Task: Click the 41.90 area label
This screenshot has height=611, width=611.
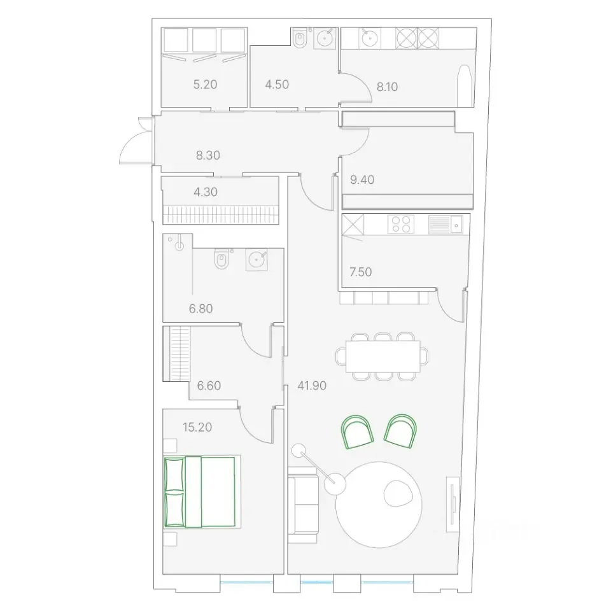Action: click(x=312, y=386)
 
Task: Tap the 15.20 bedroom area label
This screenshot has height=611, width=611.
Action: click(x=197, y=427)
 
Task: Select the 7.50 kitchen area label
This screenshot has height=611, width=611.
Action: click(x=360, y=272)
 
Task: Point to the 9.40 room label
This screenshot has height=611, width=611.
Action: click(x=362, y=179)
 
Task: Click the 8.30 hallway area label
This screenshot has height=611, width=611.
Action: click(x=208, y=155)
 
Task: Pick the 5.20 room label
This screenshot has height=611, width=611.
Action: click(x=205, y=84)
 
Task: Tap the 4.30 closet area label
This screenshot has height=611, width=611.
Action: click(x=206, y=192)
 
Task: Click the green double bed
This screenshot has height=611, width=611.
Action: click(x=200, y=492)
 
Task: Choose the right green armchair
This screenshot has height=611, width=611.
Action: click(x=400, y=431)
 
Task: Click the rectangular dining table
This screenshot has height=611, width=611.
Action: click(x=383, y=356)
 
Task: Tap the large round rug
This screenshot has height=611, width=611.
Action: click(x=379, y=505)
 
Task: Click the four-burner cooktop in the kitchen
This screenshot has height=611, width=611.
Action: click(x=400, y=224)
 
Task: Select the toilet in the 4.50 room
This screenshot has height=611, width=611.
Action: click(x=300, y=39)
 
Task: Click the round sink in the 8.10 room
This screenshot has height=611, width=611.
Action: click(x=369, y=38)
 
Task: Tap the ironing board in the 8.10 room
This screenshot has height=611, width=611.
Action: click(x=465, y=85)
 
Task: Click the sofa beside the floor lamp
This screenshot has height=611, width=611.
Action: click(x=303, y=505)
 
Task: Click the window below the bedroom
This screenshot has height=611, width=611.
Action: click(x=246, y=582)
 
